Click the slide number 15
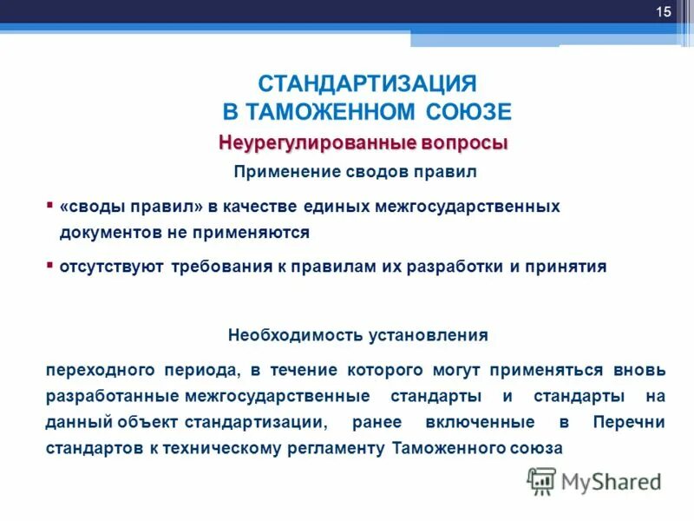click(x=664, y=11)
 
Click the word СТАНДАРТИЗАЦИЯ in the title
click(x=368, y=84)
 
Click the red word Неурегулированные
click(x=305, y=142)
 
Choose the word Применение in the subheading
click(x=278, y=172)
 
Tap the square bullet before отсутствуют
click(x=49, y=264)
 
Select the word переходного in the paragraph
click(x=97, y=370)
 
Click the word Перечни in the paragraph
click(x=630, y=422)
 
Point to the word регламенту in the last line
click(x=338, y=448)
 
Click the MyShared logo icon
click(x=542, y=481)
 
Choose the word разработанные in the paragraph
click(x=113, y=396)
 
